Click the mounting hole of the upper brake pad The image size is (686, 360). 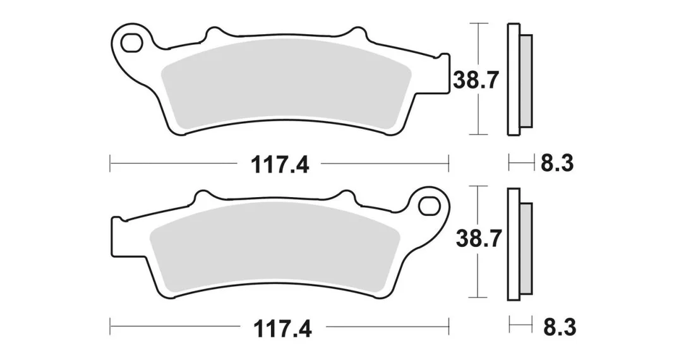coord(132,42)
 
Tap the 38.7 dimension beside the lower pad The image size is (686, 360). coord(478,239)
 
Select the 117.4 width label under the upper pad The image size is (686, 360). coord(280,165)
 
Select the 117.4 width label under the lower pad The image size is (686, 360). coord(282,328)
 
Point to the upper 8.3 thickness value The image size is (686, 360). coord(557,164)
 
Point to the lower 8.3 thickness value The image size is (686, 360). coord(560,328)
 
